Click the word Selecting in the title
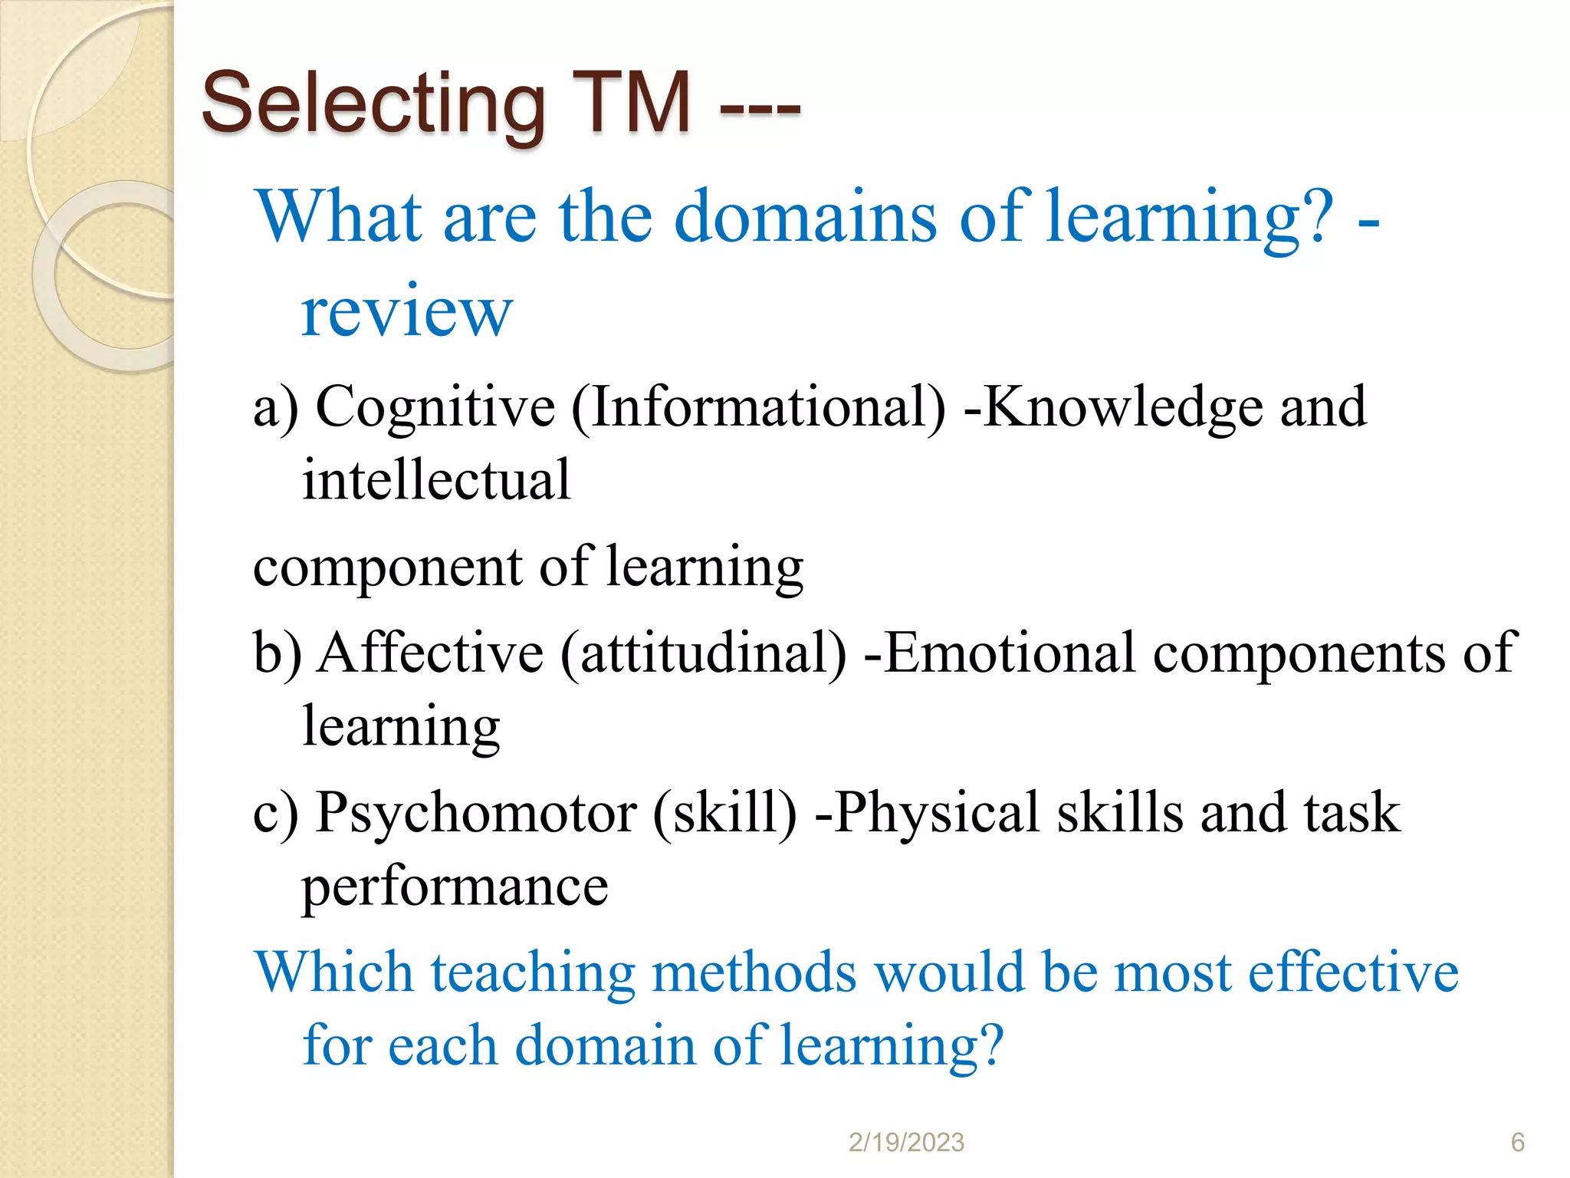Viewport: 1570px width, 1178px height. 373,104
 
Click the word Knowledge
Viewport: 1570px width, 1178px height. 1123,407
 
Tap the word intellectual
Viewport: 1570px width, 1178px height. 436,480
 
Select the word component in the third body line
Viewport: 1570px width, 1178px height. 387,568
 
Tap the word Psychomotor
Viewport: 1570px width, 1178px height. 476,813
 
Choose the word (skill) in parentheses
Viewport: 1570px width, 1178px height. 724,813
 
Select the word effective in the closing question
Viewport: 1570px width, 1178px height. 1353,972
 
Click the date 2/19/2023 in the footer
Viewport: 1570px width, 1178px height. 906,1143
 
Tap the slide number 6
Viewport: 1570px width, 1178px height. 1517,1143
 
